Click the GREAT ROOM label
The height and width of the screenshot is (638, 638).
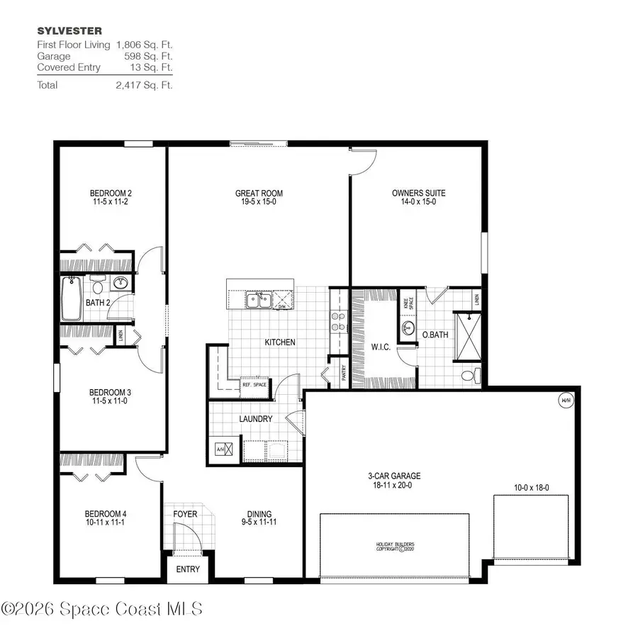259,193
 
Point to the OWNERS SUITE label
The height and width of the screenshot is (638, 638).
418,193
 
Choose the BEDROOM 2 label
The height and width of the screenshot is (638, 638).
111,193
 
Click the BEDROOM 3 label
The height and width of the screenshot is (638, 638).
109,392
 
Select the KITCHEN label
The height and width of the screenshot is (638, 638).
279,342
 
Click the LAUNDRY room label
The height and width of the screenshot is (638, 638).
255,419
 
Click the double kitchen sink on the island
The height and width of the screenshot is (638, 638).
258,301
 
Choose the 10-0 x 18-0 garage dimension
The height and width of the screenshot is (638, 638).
531,488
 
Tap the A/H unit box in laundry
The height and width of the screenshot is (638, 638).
219,448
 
